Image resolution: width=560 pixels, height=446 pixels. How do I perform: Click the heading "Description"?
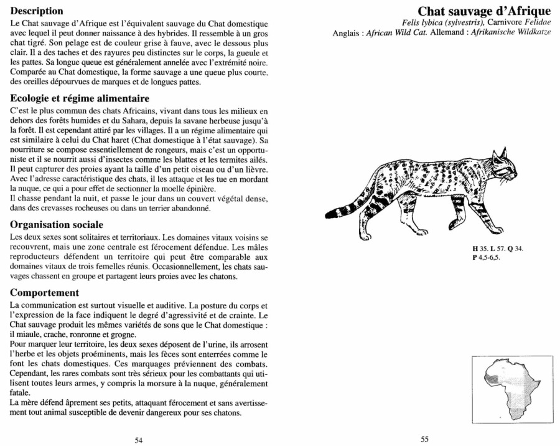[x=37, y=11]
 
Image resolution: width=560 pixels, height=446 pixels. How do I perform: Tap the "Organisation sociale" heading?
[x=57, y=224]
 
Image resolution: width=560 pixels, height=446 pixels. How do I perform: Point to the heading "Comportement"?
[x=45, y=293]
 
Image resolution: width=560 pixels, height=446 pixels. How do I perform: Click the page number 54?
[x=139, y=440]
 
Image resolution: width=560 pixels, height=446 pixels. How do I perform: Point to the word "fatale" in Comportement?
[x=23, y=394]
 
